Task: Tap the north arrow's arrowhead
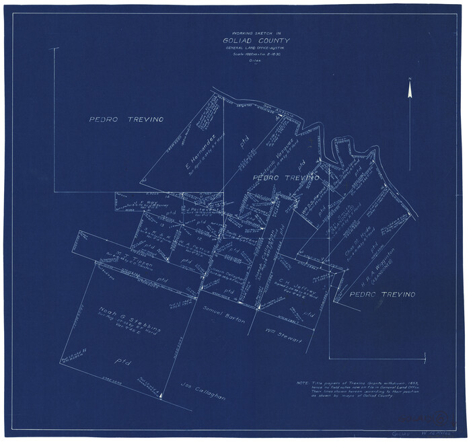(x=410, y=83)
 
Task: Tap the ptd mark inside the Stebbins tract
(x=122, y=364)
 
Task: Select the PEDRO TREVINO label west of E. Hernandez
(x=126, y=120)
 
